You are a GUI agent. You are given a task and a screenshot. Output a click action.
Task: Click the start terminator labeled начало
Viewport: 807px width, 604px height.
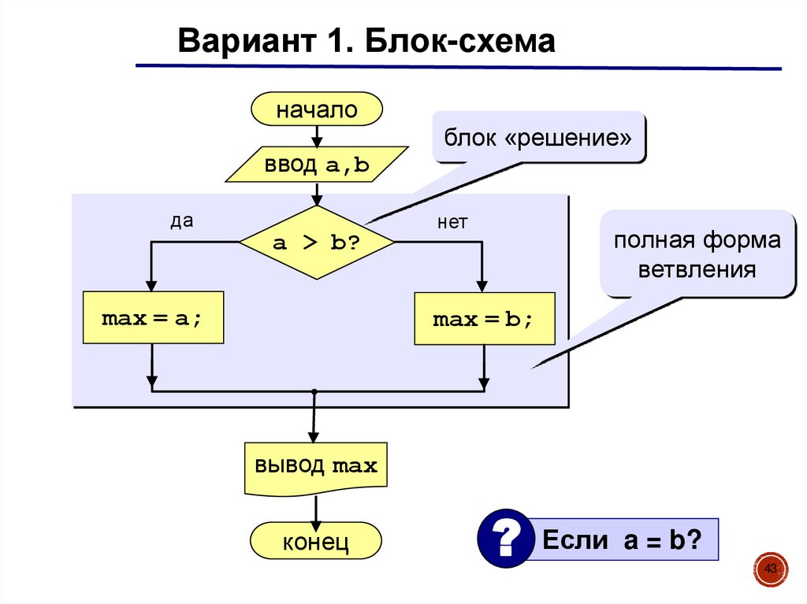316,109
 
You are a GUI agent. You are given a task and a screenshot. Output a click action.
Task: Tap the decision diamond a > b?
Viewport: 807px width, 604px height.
316,243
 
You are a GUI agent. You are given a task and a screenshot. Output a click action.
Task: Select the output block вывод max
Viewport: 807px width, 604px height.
315,467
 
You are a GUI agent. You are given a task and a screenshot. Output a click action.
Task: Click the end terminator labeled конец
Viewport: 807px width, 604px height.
315,542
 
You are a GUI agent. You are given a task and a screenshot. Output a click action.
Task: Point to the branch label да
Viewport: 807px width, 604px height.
181,222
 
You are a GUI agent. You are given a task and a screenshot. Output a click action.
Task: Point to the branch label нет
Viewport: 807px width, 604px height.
452,223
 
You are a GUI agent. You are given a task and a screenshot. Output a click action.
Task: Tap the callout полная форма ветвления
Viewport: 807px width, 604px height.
697,254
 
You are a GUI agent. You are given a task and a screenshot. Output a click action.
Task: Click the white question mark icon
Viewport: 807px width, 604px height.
502,540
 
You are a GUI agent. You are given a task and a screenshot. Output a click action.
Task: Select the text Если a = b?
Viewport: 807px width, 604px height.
621,540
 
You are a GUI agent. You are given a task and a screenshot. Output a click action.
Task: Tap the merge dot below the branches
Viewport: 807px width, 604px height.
314,391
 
